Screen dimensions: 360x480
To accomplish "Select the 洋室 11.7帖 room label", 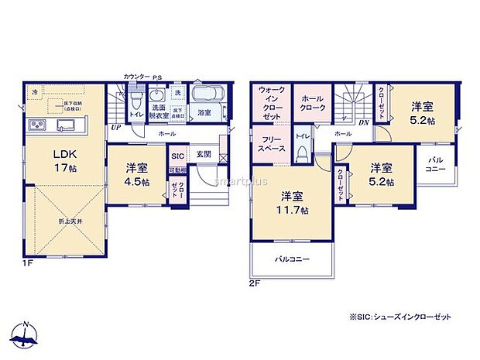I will click(x=295, y=202).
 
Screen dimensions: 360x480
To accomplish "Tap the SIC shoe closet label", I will click(x=178, y=155).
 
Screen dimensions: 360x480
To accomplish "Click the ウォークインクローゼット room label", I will click(x=271, y=104).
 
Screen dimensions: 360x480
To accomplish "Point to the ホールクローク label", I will click(x=312, y=104).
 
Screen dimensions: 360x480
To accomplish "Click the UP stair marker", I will click(x=115, y=127).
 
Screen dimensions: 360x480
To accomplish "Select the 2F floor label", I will click(x=254, y=283).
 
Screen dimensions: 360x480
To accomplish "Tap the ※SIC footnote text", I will click(x=399, y=317).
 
